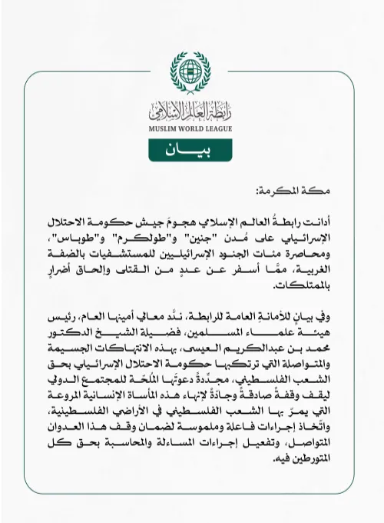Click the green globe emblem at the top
(190, 72)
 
